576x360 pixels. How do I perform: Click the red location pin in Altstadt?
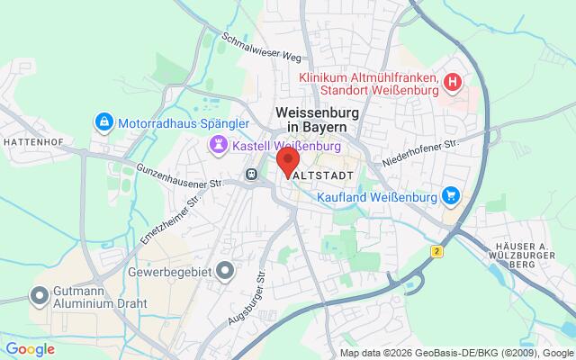pyautogui.click(x=287, y=161)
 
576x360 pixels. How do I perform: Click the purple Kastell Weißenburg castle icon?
pyautogui.click(x=218, y=145)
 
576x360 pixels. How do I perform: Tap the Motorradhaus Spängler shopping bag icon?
pyautogui.click(x=104, y=121)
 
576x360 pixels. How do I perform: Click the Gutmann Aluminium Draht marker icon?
pyautogui.click(x=40, y=294)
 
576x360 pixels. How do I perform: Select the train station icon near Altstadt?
pyautogui.click(x=251, y=174)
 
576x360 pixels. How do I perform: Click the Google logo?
pyautogui.click(x=30, y=348)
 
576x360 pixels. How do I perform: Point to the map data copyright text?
pyautogui.click(x=456, y=353)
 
